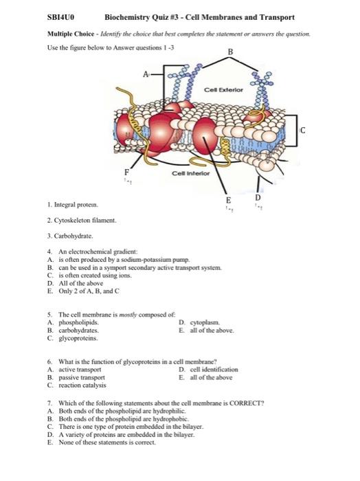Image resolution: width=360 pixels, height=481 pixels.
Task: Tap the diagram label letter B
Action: coord(230,52)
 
